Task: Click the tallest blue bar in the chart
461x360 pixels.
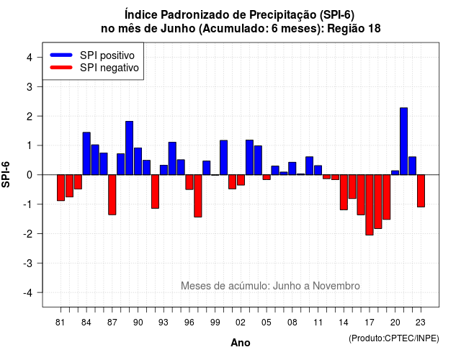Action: pos(403,141)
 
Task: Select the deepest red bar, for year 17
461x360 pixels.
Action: pos(370,204)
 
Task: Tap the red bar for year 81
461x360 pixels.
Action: pos(61,188)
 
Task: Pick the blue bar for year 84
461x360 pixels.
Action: pos(86,153)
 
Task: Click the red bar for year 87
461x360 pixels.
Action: pos(112,195)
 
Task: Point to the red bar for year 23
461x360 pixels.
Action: pos(421,191)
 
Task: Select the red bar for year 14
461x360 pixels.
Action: pos(344,192)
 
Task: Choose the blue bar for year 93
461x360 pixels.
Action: pos(164,170)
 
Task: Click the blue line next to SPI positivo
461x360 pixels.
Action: pos(61,55)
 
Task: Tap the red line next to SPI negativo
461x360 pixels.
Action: pos(61,67)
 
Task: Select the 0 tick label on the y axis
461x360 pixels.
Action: pos(30,175)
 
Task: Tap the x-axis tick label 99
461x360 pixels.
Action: pos(215,323)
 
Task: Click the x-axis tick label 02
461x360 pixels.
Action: pos(241,323)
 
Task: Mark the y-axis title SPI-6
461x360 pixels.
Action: pos(6,174)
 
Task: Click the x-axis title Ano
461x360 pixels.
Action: pos(241,343)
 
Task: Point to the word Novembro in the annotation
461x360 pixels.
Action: pos(336,286)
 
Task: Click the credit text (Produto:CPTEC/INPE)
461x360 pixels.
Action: pos(394,338)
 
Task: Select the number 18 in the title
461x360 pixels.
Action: pos(375,29)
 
